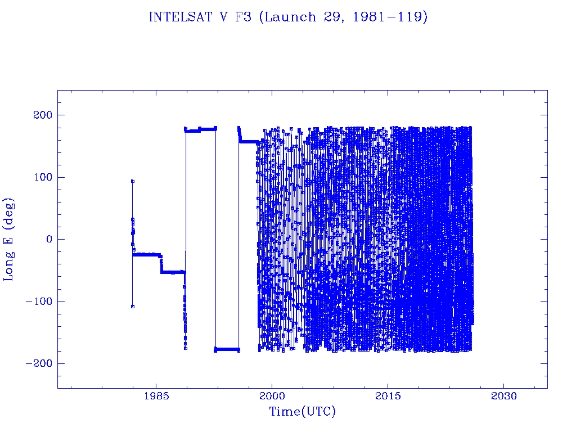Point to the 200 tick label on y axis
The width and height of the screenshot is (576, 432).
(42, 115)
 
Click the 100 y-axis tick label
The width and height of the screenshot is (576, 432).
(42, 177)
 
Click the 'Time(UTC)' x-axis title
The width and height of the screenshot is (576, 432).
(302, 412)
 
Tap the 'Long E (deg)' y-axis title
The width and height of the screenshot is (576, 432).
(9, 239)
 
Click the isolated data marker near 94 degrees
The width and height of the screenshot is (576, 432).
(132, 181)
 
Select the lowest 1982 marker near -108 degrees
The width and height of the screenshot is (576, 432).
(132, 307)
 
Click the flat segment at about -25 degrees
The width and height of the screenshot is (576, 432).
(146, 255)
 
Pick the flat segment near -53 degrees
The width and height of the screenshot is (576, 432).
(173, 272)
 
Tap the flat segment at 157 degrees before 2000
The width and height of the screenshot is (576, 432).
(247, 142)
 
